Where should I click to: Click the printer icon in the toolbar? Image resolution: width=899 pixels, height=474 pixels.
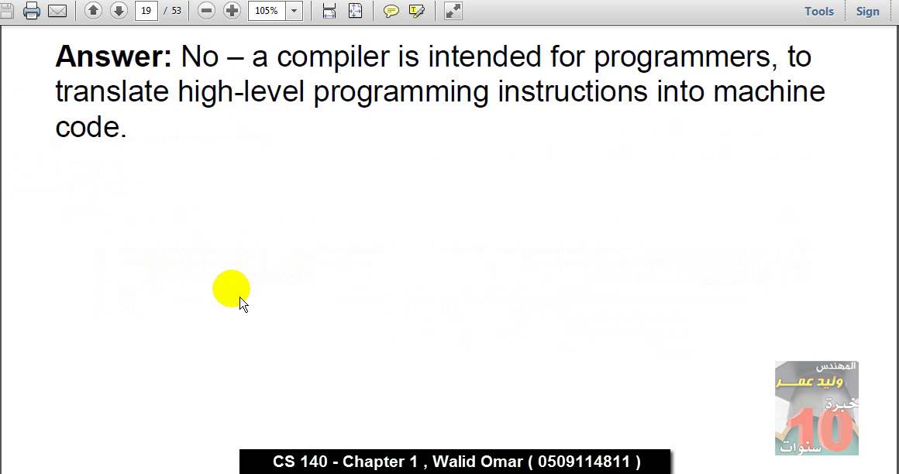point(32,11)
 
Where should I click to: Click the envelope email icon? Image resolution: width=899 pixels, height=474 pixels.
point(57,11)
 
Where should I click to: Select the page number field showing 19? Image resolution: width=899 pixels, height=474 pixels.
point(146,11)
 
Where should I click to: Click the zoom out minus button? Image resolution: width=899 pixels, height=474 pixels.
point(206,11)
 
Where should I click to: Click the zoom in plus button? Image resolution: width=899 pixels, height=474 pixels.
point(232,11)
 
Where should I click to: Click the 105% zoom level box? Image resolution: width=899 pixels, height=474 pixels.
point(267,11)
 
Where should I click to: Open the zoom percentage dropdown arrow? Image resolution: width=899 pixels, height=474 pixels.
point(294,11)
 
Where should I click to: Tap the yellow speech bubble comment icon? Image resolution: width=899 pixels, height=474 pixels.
point(391,11)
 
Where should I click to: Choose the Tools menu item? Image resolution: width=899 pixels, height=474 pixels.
point(819,11)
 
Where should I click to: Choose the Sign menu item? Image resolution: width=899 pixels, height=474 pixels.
point(867,11)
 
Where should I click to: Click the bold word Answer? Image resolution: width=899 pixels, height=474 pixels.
point(113,57)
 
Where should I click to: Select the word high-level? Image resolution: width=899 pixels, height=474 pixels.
point(241,91)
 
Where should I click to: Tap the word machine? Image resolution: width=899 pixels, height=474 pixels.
point(769,91)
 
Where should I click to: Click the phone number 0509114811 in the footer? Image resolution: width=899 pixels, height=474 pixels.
point(584,462)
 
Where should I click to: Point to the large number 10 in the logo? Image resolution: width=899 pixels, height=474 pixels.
point(820,430)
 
